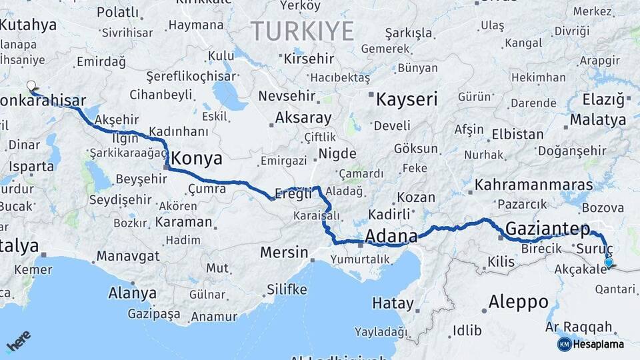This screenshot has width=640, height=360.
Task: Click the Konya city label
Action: (x=197, y=159)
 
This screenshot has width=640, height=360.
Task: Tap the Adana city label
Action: (x=391, y=236)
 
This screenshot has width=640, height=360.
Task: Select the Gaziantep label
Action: (x=548, y=229)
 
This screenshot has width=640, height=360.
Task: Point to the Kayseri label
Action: (x=407, y=101)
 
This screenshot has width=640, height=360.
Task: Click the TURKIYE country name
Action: (x=302, y=31)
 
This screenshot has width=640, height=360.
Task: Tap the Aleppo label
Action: (x=518, y=302)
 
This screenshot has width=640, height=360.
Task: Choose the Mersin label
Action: (x=285, y=253)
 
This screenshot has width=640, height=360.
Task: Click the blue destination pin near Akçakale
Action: (x=608, y=263)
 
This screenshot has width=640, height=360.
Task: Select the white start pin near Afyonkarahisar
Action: (x=31, y=86)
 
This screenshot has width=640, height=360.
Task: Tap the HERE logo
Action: (x=19, y=341)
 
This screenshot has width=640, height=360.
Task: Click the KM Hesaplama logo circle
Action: (x=564, y=344)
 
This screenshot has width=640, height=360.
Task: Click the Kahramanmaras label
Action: (x=533, y=185)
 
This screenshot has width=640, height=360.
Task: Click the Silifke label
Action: (x=287, y=289)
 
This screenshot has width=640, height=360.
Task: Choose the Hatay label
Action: (x=393, y=303)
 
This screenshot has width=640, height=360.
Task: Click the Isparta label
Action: (x=31, y=166)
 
